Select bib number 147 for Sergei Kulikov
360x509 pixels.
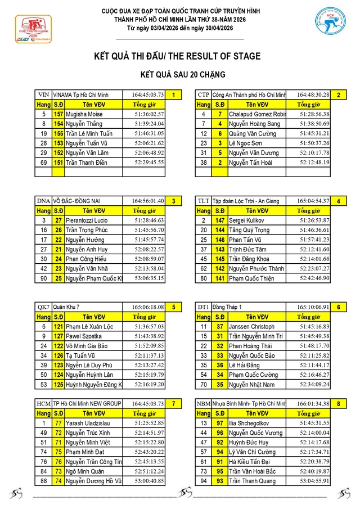(x=220, y=220)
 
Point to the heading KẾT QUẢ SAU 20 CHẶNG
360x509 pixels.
(x=183, y=74)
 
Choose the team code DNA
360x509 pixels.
(x=43, y=201)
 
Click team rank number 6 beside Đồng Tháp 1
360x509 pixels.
(x=338, y=307)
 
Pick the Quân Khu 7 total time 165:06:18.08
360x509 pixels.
(x=148, y=307)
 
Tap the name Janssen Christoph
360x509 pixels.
(x=251, y=326)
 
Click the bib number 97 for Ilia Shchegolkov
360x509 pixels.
(x=220, y=423)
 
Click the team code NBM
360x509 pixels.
(x=203, y=403)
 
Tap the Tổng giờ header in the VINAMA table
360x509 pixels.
(x=143, y=104)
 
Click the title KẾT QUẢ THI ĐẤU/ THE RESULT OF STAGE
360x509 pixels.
(x=177, y=56)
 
